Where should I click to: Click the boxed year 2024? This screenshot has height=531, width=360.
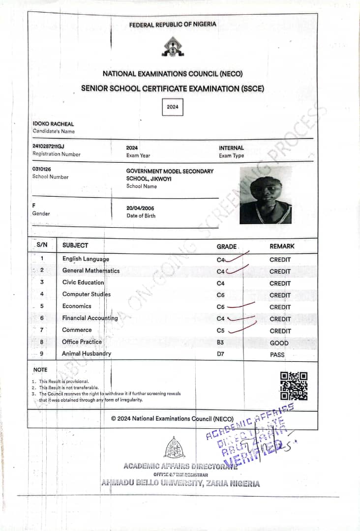(x=173, y=107)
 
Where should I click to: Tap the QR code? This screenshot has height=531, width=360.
(x=294, y=386)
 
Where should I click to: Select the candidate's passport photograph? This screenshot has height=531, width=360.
(x=266, y=195)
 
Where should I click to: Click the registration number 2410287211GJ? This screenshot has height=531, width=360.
(x=48, y=147)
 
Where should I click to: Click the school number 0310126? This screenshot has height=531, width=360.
(x=41, y=169)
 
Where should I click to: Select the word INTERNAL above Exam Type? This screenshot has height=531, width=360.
(x=231, y=148)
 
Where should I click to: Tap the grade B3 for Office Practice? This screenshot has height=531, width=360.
(x=220, y=342)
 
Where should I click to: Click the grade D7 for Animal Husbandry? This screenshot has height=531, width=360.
(x=220, y=354)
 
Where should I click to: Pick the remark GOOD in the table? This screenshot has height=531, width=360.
(x=279, y=343)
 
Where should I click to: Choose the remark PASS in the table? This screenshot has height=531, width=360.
(x=277, y=354)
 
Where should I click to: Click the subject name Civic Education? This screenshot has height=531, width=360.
(x=83, y=283)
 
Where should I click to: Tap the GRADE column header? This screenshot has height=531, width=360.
(x=227, y=246)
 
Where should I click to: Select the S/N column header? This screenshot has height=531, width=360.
(x=42, y=245)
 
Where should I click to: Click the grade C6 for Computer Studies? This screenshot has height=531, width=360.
(x=220, y=295)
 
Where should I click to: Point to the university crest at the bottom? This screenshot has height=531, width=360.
(x=175, y=448)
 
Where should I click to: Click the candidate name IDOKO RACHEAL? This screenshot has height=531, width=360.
(x=53, y=124)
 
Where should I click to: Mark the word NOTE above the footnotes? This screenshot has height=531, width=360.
(x=40, y=370)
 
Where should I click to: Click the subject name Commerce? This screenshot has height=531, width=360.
(x=77, y=330)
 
